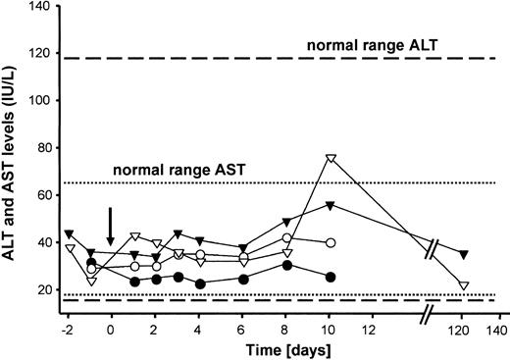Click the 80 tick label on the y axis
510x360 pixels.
(x=44, y=148)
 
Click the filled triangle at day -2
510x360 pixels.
(x=68, y=233)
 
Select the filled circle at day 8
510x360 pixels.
(x=286, y=265)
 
